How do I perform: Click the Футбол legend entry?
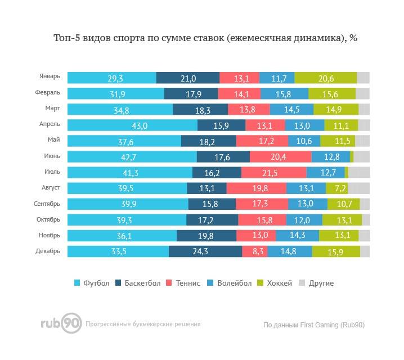point(92,283)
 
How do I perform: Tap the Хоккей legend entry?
point(275,283)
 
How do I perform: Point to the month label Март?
point(52,108)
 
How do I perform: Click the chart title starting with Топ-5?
point(205,38)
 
